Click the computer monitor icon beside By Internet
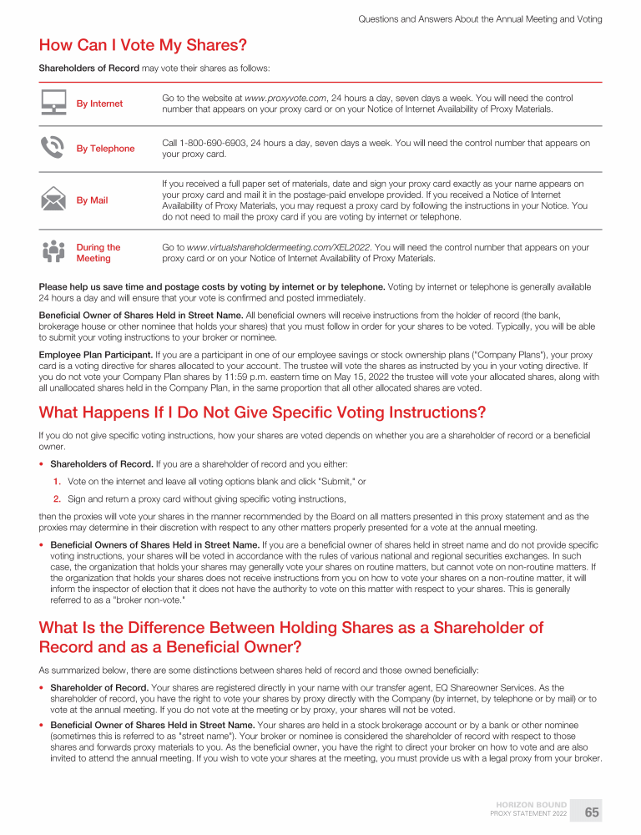click(53, 104)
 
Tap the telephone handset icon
click(53, 148)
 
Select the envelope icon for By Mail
click(53, 200)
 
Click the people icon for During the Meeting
click(53, 252)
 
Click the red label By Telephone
click(105, 149)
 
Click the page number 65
click(592, 812)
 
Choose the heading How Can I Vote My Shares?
click(143, 44)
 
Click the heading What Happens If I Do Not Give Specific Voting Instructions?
click(262, 412)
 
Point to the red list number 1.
click(57, 482)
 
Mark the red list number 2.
click(57, 498)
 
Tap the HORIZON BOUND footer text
click(532, 805)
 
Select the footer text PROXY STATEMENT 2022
click(528, 813)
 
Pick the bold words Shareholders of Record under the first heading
click(89, 68)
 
